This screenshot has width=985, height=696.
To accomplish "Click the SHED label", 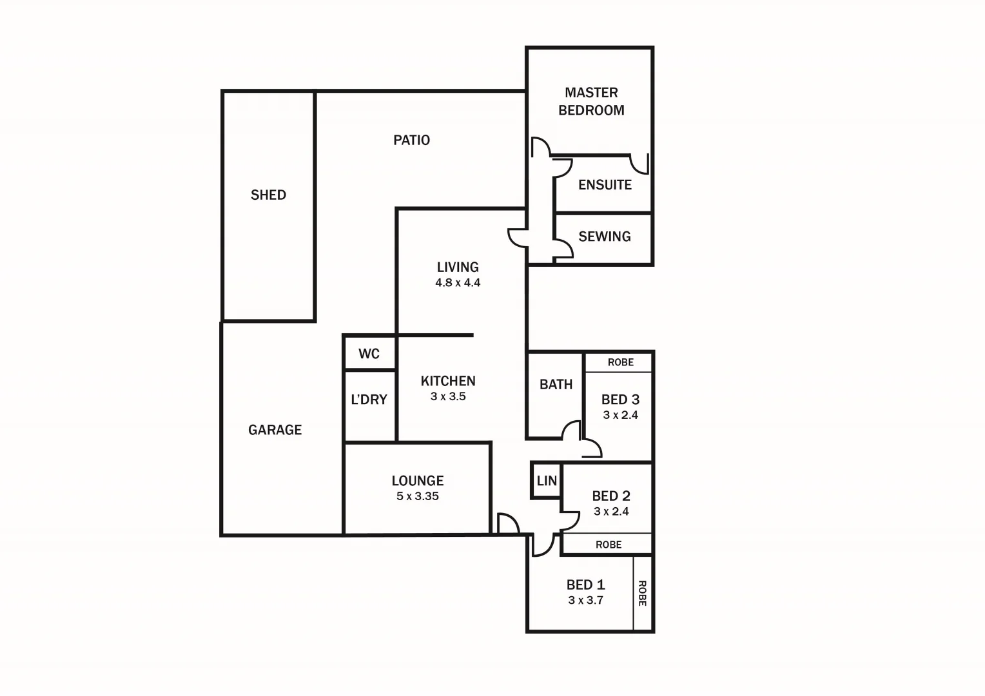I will [x=268, y=195].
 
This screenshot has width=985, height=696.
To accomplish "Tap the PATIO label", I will [x=411, y=140].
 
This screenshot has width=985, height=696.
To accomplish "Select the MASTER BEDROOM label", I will [x=591, y=101].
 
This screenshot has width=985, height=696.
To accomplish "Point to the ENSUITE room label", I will [x=605, y=185].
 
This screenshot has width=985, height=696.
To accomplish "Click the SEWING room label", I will [x=604, y=237].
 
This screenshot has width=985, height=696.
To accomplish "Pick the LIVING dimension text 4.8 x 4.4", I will [x=458, y=283].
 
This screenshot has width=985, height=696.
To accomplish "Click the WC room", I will [x=369, y=354].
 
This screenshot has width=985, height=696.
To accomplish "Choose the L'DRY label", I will [x=369, y=400].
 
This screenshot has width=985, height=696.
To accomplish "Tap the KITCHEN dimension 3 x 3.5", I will [x=448, y=397].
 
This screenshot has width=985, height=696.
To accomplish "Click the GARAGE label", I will [x=275, y=430].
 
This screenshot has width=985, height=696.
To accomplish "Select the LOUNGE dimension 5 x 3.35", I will [x=418, y=496].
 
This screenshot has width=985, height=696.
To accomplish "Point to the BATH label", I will [x=556, y=385].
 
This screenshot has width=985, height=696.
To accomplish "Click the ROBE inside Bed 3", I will [x=620, y=363].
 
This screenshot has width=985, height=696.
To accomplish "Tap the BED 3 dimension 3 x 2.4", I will [x=620, y=415].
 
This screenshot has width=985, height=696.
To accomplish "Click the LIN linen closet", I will [x=547, y=481].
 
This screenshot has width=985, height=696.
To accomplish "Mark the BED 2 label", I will [x=611, y=496].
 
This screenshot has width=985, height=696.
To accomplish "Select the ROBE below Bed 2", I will [x=608, y=545].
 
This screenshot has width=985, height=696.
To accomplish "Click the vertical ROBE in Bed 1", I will [x=642, y=593].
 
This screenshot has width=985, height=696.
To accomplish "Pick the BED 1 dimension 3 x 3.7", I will [x=585, y=601].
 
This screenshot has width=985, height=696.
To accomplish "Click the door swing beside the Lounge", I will [x=508, y=523].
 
